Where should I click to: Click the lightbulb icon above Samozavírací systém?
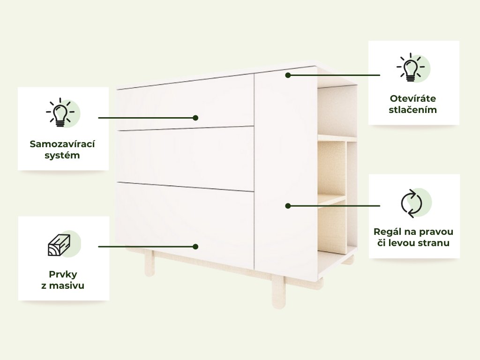point(60,112)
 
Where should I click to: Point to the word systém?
point(62,155)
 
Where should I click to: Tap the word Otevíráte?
point(413,98)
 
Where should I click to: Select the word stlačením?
point(413,110)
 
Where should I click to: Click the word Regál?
point(388,232)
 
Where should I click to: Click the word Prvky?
point(63,274)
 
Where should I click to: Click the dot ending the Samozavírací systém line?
point(196,118)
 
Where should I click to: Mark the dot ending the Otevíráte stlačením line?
point(288,75)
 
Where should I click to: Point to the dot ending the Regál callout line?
point(288,205)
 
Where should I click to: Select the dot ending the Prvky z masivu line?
point(196,246)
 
